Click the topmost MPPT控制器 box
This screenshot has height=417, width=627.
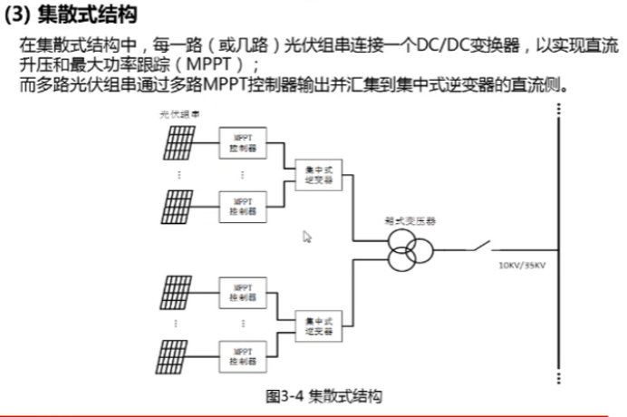[242, 141]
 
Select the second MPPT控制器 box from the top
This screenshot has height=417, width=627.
[242, 205]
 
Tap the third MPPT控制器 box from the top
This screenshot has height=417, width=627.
[242, 292]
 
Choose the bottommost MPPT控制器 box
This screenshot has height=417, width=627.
[242, 355]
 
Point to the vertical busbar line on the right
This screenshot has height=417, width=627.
[559, 245]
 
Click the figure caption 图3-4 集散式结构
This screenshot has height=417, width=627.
[323, 396]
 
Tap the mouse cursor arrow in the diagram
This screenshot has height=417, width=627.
[307, 237]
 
